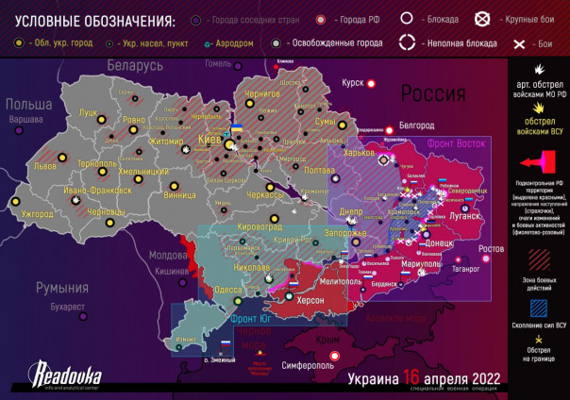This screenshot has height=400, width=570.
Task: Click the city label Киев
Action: pyautogui.click(x=210, y=141)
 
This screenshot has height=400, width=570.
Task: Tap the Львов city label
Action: pyautogui.click(x=45, y=165)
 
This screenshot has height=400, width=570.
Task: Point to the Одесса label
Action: pyautogui.click(x=229, y=291)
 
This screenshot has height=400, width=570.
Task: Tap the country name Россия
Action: pyautogui.click(x=433, y=94)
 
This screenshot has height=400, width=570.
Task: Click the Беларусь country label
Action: pyautogui.click(x=135, y=65)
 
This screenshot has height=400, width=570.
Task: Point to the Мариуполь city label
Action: pyautogui.click(x=421, y=264)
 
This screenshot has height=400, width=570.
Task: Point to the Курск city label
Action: pyautogui.click(x=353, y=83)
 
